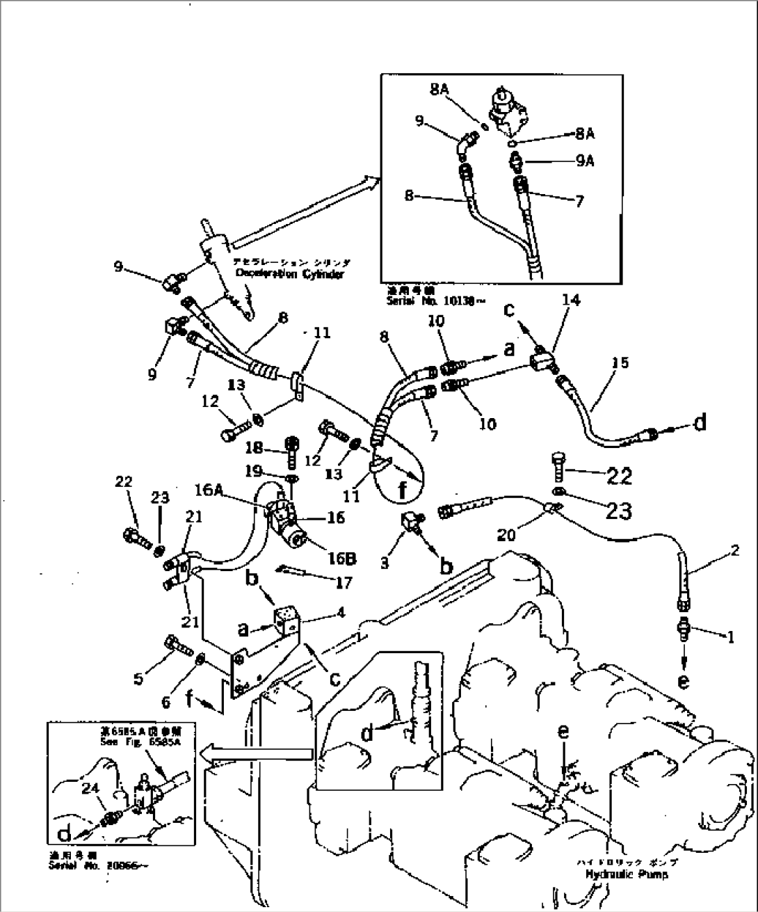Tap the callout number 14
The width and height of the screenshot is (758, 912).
point(571,301)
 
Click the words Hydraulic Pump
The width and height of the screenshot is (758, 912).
point(626,874)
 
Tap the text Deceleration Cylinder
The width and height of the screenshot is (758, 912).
point(289,274)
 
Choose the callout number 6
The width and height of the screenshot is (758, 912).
point(166,703)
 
